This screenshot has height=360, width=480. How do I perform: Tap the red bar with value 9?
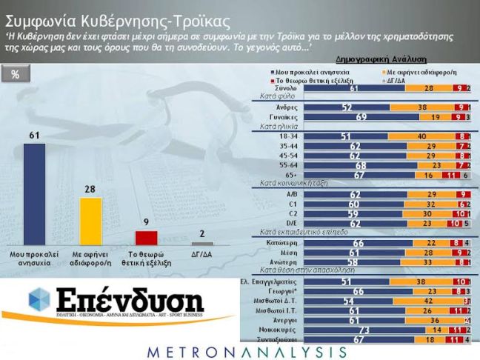coord(147,237)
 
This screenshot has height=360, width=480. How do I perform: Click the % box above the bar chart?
coord(16,75)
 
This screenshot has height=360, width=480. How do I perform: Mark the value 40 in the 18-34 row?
coord(421,136)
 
